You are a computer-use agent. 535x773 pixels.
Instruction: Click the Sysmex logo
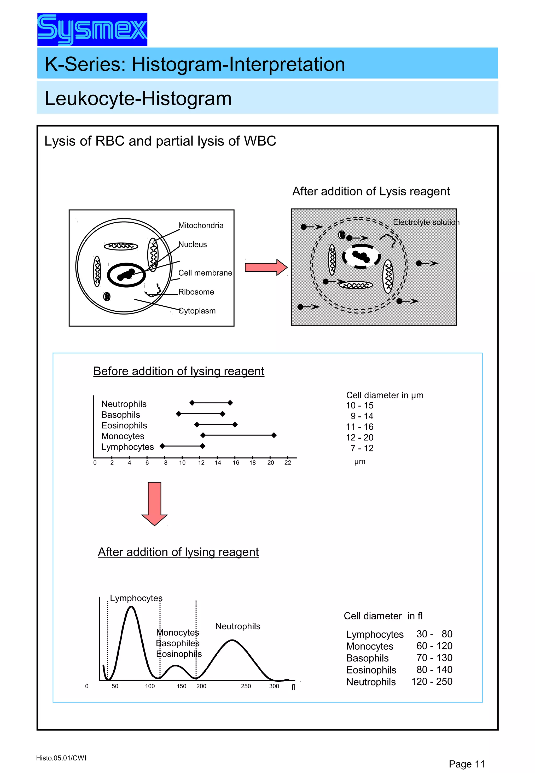point(92,30)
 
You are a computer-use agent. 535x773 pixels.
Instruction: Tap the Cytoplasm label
point(197,311)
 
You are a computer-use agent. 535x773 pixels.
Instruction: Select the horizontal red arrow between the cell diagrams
point(265,267)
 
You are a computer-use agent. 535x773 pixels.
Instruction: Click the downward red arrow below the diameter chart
point(155,503)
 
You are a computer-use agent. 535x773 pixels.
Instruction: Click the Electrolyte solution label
point(426,222)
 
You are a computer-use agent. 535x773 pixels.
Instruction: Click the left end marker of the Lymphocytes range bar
point(162,446)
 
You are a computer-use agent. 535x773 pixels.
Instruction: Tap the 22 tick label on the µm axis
point(288,463)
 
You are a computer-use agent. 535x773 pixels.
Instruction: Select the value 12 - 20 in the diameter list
point(359,438)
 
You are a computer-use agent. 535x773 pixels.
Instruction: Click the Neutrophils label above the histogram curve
point(238,626)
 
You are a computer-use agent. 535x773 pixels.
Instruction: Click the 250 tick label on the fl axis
point(246,686)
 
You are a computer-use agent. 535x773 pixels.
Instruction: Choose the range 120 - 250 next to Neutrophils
point(432,682)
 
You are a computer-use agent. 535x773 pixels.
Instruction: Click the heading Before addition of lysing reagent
point(179,371)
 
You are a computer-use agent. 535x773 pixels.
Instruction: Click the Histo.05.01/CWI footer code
point(61,758)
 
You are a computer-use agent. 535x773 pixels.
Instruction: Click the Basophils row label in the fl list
point(367,658)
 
